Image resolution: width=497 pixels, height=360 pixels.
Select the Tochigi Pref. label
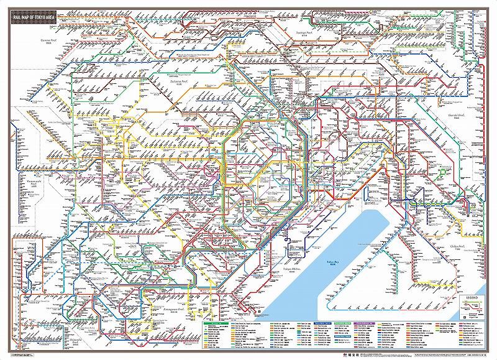coord(303,33)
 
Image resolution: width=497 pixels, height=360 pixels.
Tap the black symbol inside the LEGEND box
coord(466,316)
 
